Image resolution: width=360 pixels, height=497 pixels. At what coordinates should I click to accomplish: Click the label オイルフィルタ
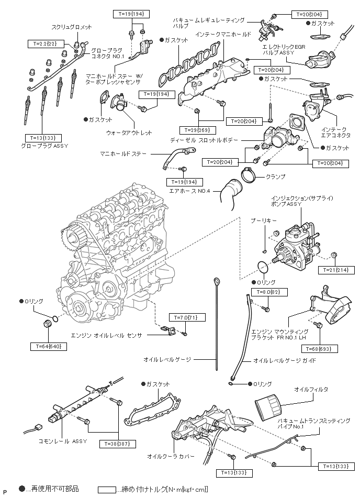311,390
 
